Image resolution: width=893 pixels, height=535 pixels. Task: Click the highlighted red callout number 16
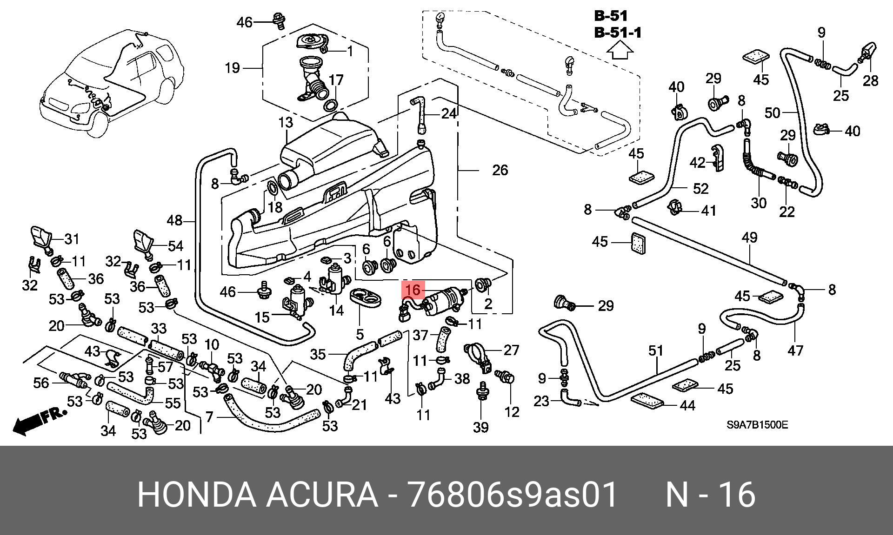[413, 290]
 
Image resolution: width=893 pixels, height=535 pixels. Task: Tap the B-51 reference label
[611, 16]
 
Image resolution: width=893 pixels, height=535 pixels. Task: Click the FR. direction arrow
[40, 421]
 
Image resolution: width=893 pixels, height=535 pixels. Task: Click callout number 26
[500, 170]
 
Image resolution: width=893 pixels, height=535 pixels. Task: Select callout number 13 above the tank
[286, 123]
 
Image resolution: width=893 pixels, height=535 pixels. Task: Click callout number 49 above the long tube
[749, 238]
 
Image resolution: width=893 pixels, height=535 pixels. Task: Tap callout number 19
[232, 68]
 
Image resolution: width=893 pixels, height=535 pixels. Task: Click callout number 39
[481, 427]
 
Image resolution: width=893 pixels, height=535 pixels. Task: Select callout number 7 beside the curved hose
[209, 417]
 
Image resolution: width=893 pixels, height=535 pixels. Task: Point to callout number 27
[511, 350]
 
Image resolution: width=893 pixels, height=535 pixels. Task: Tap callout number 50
[773, 112]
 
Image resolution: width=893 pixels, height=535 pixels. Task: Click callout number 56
[41, 383]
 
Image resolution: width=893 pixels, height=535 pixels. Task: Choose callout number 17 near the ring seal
[336, 80]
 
